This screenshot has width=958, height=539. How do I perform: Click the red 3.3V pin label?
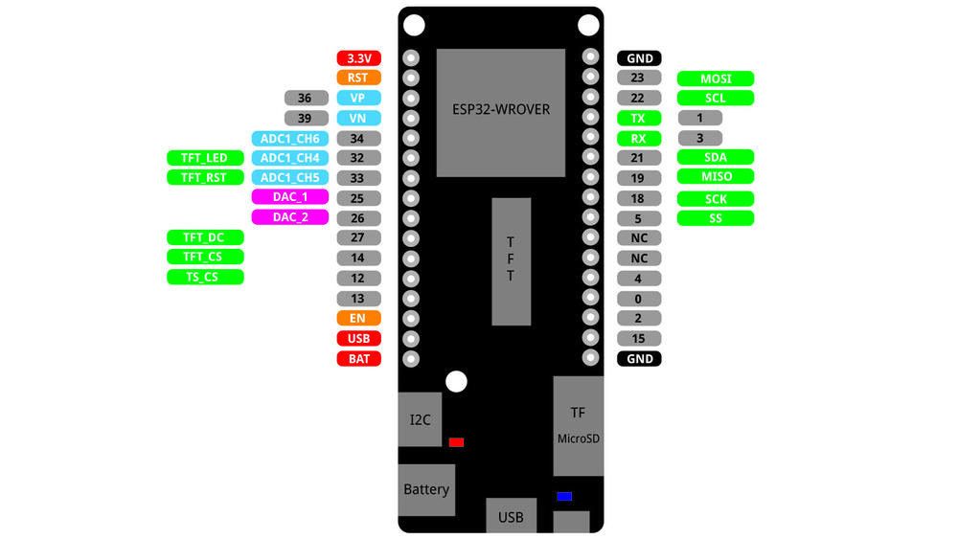coord(358,58)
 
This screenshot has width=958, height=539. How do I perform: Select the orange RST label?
coord(358,78)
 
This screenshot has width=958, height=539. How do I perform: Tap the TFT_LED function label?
coord(205,158)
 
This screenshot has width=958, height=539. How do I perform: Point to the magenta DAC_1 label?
coord(290,196)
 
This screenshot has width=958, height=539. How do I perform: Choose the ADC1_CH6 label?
coord(290,139)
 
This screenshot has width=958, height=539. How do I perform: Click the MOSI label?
coord(716,79)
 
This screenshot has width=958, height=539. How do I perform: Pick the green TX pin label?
coord(638,119)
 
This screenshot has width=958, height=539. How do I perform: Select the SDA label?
coord(716,157)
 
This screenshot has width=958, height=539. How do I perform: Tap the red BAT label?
coord(358,359)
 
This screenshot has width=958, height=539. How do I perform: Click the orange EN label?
coord(358,318)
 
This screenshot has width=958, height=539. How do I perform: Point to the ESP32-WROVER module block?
coord(501,113)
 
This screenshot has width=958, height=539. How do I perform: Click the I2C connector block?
coord(420,419)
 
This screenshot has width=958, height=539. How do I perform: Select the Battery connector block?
coord(426,490)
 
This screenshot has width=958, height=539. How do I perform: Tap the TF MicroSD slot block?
coord(578,426)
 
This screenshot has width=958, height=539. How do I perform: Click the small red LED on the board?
coord(456,442)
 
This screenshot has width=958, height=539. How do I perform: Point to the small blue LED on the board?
coord(564,496)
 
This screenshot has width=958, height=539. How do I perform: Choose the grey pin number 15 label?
coord(638,338)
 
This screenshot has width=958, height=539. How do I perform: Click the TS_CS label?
coord(205,277)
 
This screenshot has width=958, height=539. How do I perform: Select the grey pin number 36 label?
coord(307,98)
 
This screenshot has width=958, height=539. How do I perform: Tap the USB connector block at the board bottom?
coord(512,516)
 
